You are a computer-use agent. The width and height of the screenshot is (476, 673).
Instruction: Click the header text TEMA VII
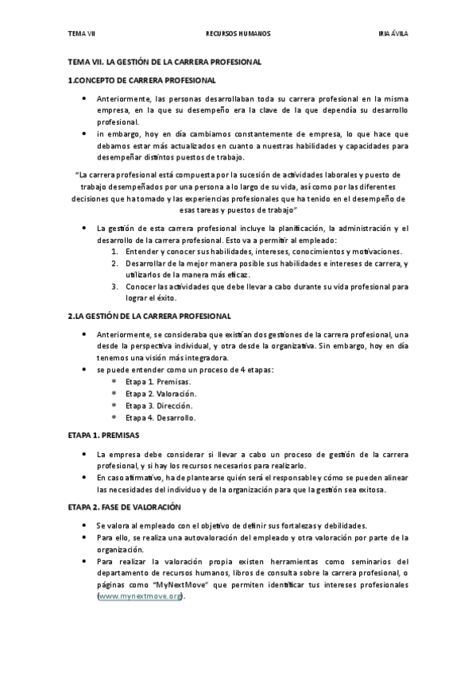coord(80,35)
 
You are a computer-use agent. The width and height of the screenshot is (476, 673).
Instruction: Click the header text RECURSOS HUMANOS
coord(238,35)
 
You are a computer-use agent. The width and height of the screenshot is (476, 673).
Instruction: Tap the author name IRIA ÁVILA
coord(393,35)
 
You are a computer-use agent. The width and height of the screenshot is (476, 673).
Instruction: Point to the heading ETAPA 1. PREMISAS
coord(103,436)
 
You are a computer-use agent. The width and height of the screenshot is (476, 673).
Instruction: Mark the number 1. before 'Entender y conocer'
coord(114,252)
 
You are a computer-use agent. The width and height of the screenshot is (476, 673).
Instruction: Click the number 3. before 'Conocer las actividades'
coord(114,287)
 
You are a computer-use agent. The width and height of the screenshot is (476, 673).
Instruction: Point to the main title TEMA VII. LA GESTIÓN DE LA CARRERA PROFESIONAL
coord(164,61)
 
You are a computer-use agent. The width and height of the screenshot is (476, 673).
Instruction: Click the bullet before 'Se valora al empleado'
coord(86,525)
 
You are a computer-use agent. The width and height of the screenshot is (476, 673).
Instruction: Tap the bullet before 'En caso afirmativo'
coord(86,477)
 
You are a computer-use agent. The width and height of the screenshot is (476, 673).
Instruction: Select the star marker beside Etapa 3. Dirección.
coord(114,406)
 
